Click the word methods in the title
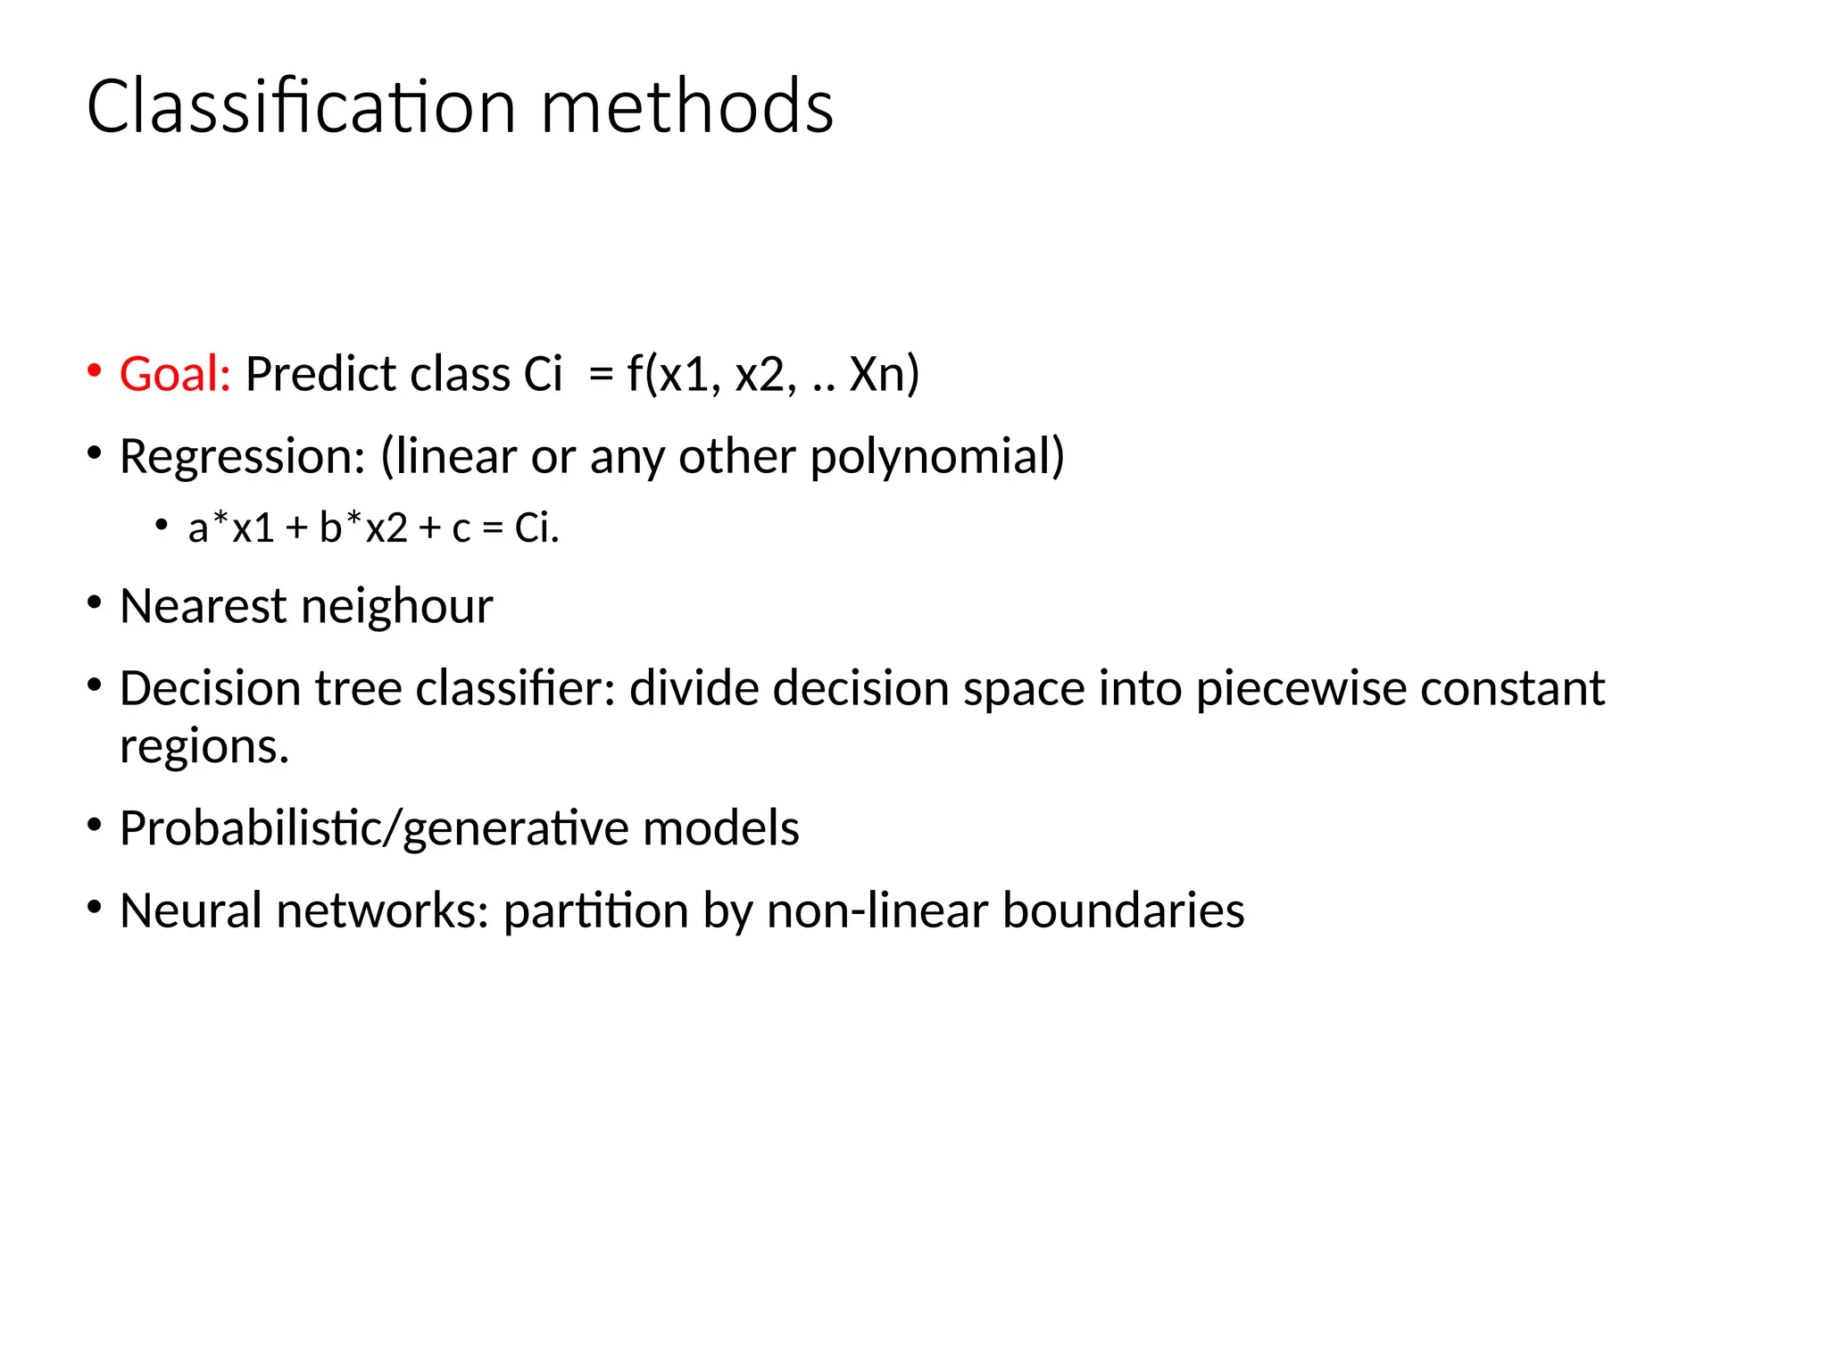click(x=687, y=107)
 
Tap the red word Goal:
click(x=175, y=374)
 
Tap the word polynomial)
click(x=937, y=457)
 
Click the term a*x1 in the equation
click(x=231, y=528)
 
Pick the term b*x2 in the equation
click(x=364, y=528)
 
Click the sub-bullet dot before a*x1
click(x=162, y=525)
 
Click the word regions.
click(x=204, y=746)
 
